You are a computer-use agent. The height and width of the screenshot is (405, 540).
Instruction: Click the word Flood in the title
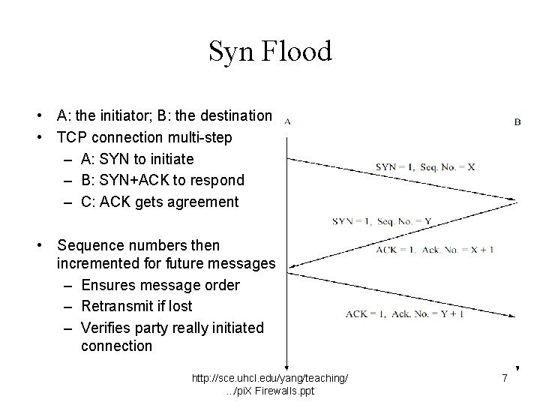click(296, 52)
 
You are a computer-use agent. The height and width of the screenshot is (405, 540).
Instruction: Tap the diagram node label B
click(517, 121)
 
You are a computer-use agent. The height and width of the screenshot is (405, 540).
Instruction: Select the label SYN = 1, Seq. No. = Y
click(382, 220)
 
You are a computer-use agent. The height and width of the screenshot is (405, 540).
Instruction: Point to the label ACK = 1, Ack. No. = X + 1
click(434, 249)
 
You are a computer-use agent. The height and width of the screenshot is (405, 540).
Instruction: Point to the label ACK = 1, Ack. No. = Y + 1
click(404, 313)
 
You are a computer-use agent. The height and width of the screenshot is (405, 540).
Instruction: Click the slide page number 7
click(505, 379)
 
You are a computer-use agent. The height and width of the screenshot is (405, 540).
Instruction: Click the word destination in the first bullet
click(235, 115)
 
